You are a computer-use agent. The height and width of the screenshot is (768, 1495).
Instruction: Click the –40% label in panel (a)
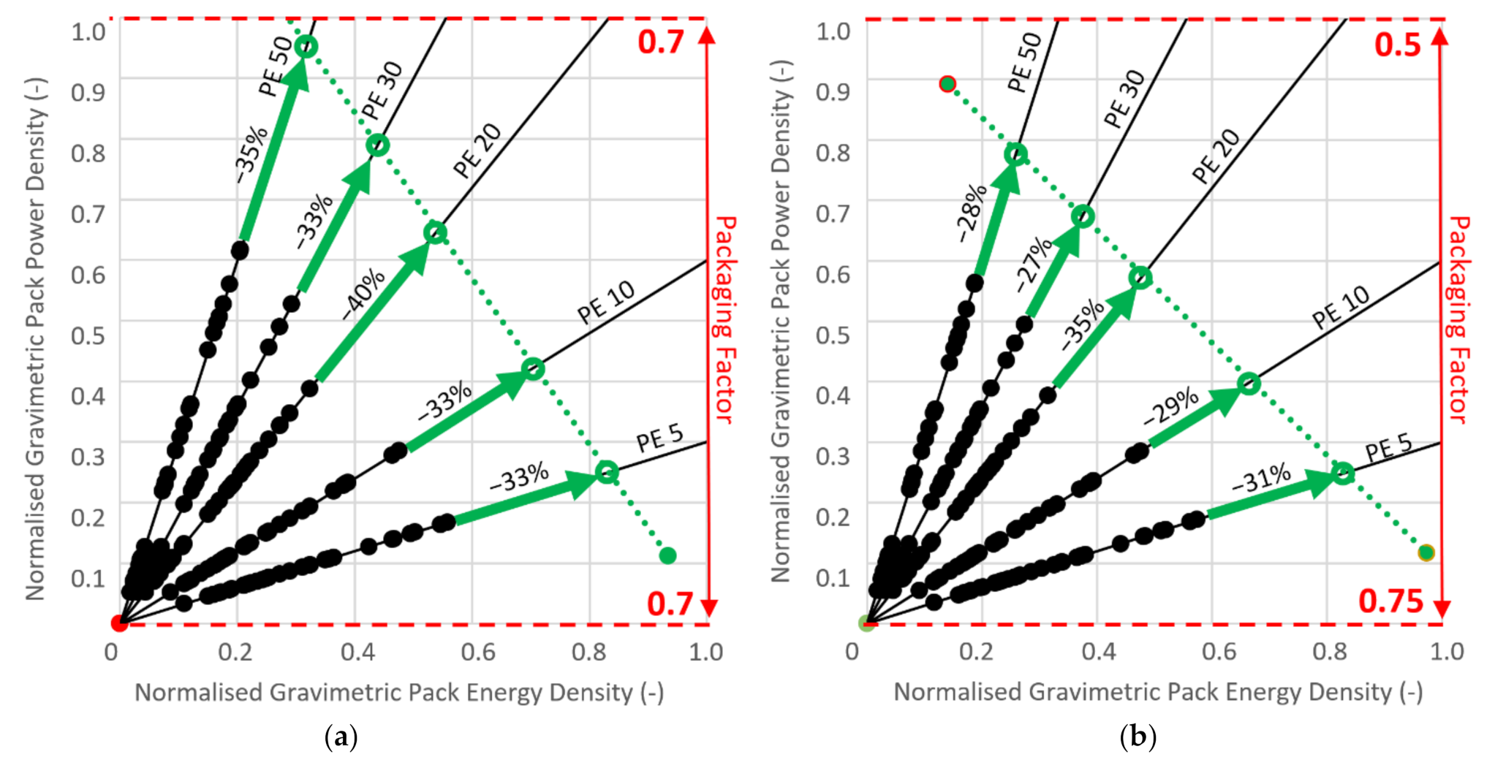364,293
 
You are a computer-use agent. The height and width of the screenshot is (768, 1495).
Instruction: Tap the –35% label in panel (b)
1083,324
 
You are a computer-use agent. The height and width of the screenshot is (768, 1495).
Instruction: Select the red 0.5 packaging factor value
1397,45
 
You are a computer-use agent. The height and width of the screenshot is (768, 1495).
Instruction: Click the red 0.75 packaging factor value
1390,601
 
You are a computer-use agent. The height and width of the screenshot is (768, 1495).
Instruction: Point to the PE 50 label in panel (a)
276,66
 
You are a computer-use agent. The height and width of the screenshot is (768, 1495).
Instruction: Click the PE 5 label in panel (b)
1388,446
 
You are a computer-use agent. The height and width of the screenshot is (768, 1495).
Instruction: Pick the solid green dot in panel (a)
667,555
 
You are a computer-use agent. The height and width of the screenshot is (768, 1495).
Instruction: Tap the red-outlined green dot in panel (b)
947,84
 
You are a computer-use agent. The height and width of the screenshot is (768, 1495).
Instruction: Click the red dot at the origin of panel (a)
118,623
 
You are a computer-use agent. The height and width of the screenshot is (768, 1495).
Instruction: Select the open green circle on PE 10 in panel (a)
533,369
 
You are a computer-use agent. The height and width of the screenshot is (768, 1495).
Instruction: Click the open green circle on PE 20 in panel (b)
1140,278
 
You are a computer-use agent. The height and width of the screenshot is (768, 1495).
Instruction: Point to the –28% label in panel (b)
973,213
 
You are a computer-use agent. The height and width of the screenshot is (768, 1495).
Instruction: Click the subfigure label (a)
341,737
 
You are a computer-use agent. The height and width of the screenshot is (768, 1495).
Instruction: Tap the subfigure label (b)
1138,737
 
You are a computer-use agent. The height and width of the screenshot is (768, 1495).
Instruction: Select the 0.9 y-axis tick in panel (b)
833,92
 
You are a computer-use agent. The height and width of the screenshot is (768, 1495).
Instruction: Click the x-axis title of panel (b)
1158,692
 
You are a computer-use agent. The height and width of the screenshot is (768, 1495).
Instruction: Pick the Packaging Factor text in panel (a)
724,319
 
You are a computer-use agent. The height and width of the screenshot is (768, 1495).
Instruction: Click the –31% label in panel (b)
1261,479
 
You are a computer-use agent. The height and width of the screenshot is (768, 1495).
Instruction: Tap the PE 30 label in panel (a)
382,91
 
